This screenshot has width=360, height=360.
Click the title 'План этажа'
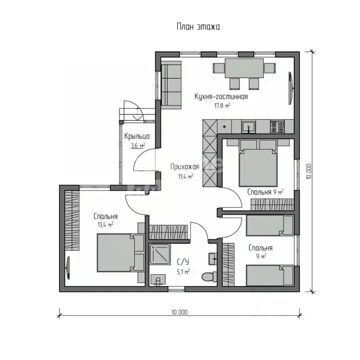click(198, 27)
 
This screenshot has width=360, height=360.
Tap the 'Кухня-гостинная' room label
click(221, 97)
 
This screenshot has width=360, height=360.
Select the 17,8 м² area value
click(222, 105)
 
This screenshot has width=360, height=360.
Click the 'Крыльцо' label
click(137, 136)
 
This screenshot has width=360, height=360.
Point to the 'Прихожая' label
click(185, 167)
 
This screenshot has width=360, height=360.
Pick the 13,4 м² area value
click(105, 225)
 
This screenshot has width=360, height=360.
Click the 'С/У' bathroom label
click(183, 262)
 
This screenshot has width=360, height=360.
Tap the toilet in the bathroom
click(209, 277)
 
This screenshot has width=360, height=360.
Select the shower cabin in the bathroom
click(160, 254)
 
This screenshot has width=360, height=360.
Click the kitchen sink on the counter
click(248, 127)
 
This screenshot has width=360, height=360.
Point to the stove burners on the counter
click(277, 127)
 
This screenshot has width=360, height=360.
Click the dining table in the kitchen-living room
click(244, 68)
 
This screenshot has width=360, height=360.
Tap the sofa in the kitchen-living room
click(171, 84)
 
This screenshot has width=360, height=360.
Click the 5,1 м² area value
click(183, 272)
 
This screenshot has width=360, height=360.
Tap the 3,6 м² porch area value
click(138, 146)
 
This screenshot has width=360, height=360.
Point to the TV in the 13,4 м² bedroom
click(68, 268)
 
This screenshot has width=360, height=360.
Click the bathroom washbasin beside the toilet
click(213, 259)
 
